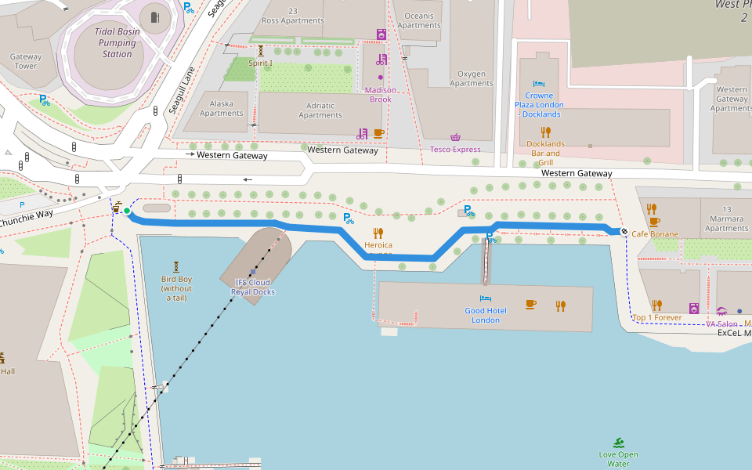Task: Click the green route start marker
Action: (x=127, y=211)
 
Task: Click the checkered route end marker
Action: (x=624, y=231)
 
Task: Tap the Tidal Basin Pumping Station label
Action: (x=117, y=42)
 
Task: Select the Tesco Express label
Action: (x=455, y=149)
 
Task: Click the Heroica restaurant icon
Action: (x=378, y=233)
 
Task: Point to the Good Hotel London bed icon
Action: (x=486, y=298)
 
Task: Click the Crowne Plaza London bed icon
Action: (x=539, y=84)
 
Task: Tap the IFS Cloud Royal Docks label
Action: (x=252, y=287)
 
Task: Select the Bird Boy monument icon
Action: (x=176, y=266)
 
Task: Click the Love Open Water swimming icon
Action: (x=619, y=443)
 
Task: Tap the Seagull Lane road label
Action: (x=182, y=90)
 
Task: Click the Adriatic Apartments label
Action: (x=320, y=110)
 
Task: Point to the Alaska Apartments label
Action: (x=221, y=108)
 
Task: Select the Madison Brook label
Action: (x=380, y=94)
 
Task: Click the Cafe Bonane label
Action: (x=655, y=233)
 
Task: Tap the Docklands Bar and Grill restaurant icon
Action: (x=546, y=132)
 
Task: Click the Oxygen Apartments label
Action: (x=471, y=78)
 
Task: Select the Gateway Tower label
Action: (x=26, y=61)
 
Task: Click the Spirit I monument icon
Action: (x=261, y=50)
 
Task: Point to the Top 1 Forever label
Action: (x=656, y=317)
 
